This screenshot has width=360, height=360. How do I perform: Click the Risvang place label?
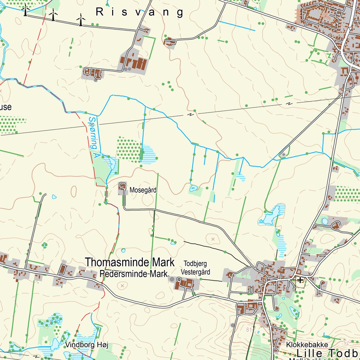tap(140, 12)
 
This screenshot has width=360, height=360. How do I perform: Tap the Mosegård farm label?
tap(143, 190)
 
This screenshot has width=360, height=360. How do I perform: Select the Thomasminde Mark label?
tap(130, 262)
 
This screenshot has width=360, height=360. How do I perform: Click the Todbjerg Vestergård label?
tap(195, 268)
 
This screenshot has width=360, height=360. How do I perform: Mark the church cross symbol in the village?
tap(300, 280)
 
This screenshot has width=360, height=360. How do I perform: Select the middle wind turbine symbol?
tap(53, 15)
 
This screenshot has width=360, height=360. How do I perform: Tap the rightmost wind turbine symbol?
tap(81, 19)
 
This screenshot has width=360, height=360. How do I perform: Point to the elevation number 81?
tap(250, 329)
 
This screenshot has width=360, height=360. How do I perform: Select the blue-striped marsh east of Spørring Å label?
tap(148, 154)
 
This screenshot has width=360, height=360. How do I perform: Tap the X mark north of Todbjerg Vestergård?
tap(212, 239)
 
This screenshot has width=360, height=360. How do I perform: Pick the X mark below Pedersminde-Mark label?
tap(122, 286)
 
